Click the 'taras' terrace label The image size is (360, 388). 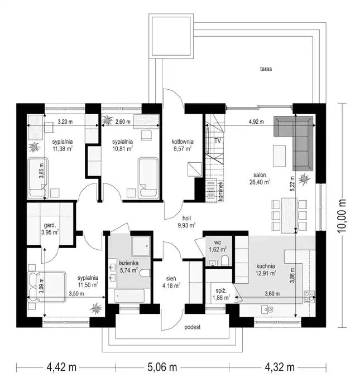click(x=266, y=69)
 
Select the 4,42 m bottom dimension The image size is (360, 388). click(x=61, y=367)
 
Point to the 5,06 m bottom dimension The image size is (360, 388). click(x=162, y=367)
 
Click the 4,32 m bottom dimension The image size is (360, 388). click(x=280, y=367)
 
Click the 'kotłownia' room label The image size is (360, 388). click(x=183, y=142)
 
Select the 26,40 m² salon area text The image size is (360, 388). click(x=260, y=182)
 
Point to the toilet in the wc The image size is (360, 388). click(x=225, y=260)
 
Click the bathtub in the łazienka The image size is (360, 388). click(x=129, y=295)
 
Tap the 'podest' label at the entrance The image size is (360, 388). click(x=192, y=327)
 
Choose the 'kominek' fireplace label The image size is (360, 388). click(x=221, y=191)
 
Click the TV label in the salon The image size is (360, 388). click(x=218, y=141)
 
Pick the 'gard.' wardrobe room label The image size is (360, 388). click(x=50, y=225)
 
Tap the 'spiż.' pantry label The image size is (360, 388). click(x=221, y=291)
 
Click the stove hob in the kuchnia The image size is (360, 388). click(x=309, y=296)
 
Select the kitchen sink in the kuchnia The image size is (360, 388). click(x=267, y=309)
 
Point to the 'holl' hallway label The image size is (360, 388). click(x=186, y=219)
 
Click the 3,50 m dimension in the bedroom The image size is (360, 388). click(x=76, y=294)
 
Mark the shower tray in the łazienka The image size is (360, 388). click(x=141, y=246)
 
